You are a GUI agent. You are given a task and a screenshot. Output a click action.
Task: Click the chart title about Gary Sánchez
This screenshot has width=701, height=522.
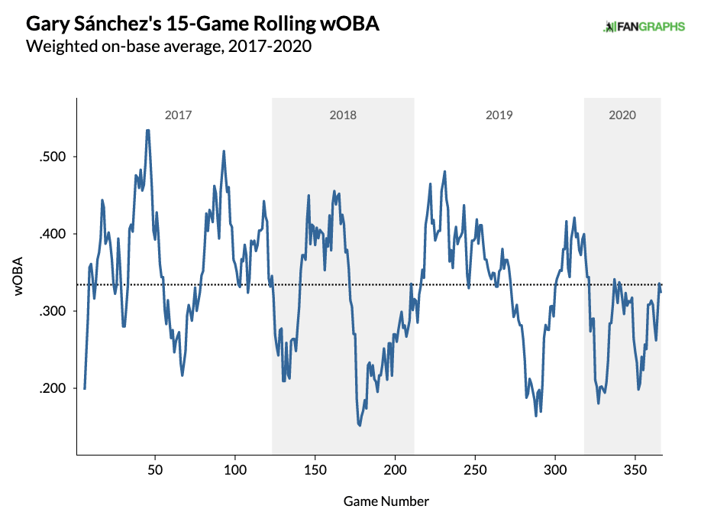203,25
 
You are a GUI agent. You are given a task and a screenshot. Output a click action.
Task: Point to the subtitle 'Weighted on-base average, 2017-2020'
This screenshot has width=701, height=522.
168,47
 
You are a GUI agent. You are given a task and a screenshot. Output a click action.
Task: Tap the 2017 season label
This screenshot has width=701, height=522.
178,115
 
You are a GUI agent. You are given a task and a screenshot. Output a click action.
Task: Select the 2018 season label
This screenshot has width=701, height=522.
343,115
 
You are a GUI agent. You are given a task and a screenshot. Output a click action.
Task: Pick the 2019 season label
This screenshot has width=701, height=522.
499,115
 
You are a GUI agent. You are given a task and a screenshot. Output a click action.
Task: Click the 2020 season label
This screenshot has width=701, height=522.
622,115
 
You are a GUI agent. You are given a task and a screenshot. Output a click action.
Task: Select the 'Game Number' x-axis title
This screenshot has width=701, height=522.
386,501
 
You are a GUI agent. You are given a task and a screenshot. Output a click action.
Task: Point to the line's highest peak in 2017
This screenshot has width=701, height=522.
147,130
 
